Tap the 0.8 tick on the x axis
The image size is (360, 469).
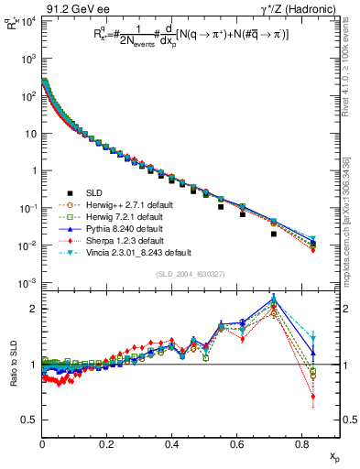(303, 445)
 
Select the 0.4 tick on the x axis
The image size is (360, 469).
(173, 445)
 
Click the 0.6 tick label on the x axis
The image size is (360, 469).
(238, 445)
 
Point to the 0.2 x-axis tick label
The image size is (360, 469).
(108, 445)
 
